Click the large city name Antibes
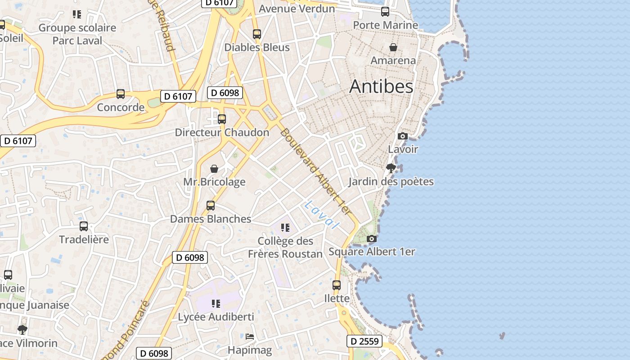381,86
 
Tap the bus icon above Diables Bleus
257,34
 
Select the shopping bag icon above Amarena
393,47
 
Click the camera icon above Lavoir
403,136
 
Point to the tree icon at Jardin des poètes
391,168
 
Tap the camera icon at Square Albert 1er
371,238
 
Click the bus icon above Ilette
337,285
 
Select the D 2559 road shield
364,341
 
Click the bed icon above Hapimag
250,337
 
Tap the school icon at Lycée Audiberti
216,304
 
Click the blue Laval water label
321,215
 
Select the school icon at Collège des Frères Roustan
285,228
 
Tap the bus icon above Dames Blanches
210,206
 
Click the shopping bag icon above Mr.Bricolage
214,169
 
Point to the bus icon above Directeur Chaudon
222,119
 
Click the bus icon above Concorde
121,94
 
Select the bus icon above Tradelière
84,226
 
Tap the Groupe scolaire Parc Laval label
77,34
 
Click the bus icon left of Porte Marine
385,12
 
